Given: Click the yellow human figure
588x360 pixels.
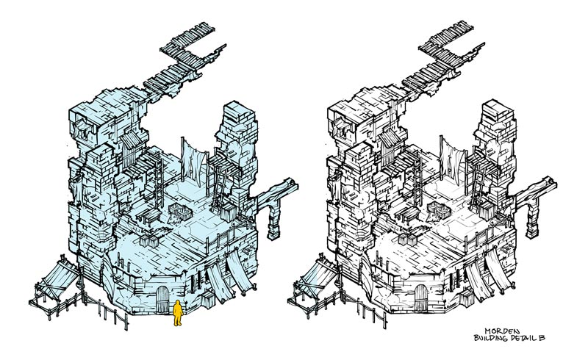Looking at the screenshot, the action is point(178,312).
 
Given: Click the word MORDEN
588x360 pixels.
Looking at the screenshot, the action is point(502,331).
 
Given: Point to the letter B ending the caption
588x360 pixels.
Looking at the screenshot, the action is point(542,338).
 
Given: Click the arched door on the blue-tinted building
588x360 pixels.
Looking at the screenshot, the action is point(162,299).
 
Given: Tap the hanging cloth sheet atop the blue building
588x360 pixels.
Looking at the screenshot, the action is point(194,163).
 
